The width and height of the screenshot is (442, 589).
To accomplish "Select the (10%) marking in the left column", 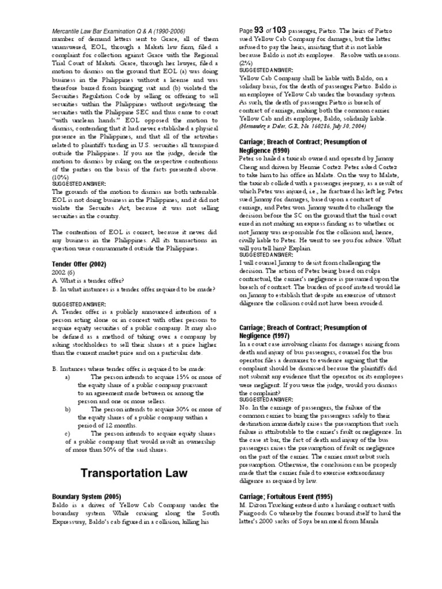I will click(x=60, y=177).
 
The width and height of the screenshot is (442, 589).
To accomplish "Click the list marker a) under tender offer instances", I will click(x=67, y=377).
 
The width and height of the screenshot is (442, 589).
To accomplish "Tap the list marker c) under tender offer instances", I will click(x=67, y=434).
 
